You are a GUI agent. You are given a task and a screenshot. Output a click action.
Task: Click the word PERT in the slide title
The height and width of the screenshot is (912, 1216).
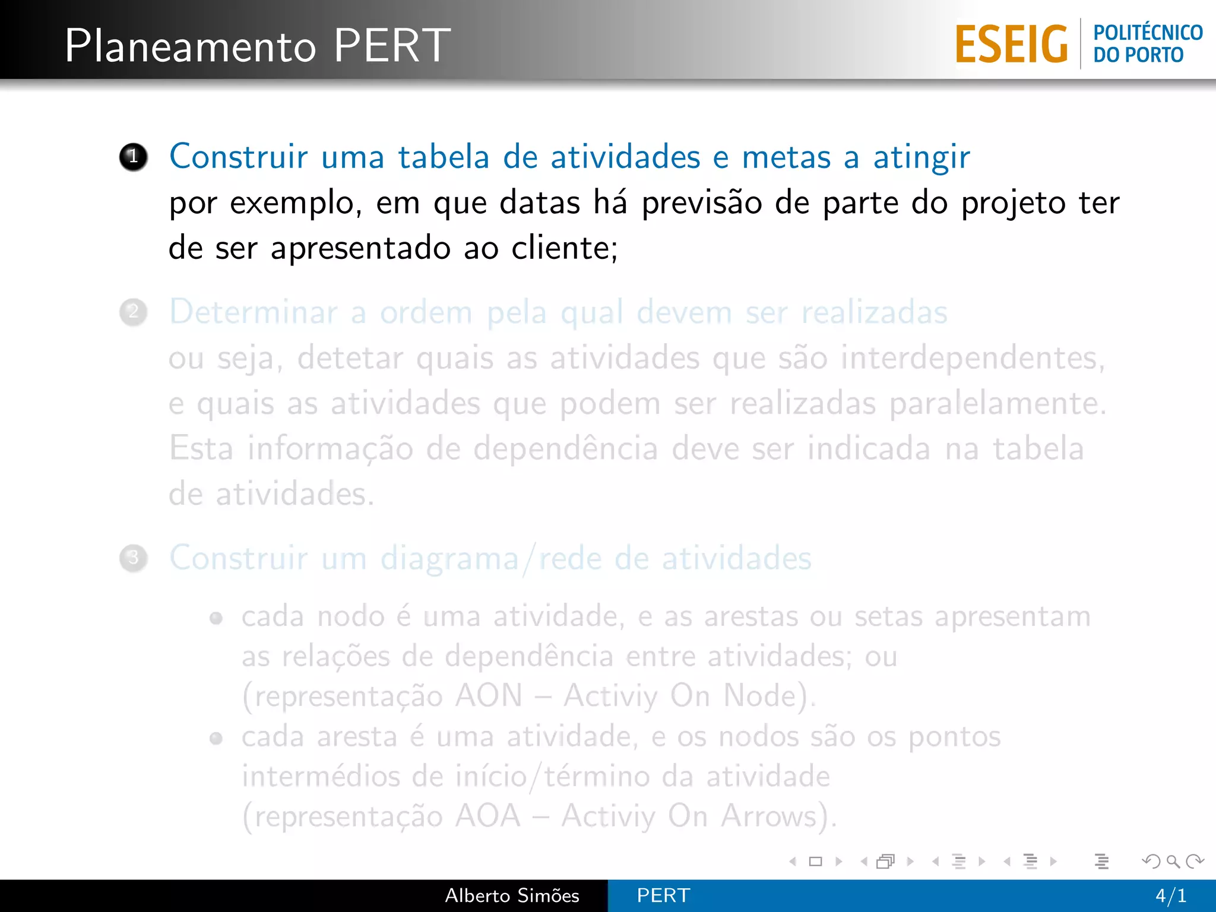tap(392, 46)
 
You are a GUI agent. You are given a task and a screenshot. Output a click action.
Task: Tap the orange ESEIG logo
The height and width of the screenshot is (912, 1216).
tap(1011, 45)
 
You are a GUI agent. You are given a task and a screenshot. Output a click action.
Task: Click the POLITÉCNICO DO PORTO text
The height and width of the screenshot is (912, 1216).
tap(1147, 44)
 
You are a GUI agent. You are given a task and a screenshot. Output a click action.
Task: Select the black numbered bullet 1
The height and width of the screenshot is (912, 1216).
tap(133, 157)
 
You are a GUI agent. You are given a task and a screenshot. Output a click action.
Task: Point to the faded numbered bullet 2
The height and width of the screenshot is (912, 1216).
tap(133, 312)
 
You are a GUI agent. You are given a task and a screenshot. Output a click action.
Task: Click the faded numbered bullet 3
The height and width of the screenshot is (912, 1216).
tap(133, 558)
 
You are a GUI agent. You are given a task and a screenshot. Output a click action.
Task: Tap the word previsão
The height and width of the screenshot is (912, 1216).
tap(701, 204)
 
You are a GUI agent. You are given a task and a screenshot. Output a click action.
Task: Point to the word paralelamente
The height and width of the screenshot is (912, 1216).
tap(997, 404)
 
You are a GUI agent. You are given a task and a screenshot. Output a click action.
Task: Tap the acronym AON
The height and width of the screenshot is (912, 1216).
tap(489, 696)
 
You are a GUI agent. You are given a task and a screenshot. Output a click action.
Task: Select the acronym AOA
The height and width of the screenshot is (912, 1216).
tap(488, 816)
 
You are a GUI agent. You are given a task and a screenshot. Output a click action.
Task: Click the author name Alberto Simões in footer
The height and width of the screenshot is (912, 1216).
tap(512, 895)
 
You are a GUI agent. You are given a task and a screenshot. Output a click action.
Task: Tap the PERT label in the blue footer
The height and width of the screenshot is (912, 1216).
tap(663, 895)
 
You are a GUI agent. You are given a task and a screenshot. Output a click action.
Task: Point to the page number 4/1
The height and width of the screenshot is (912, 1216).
tap(1170, 895)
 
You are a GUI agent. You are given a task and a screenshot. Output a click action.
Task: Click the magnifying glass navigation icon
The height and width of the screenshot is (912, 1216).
tap(1173, 861)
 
